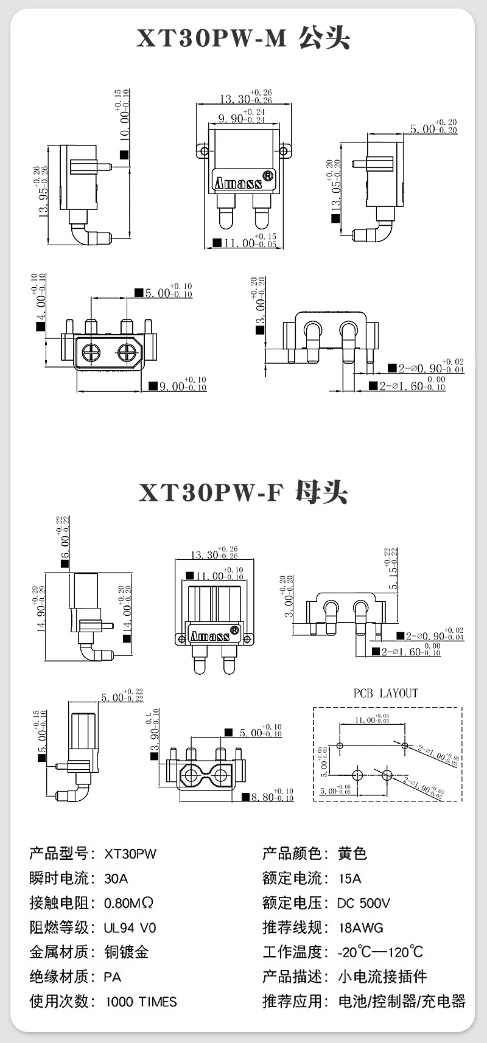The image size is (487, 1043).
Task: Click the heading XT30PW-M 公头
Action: pos(243,38)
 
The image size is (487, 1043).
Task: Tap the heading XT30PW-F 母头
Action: pos(243,492)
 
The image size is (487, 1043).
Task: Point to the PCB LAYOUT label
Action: pos(386,693)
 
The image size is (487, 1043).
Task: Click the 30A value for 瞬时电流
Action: pos(116,878)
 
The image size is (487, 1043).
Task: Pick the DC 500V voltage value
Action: pos(364,903)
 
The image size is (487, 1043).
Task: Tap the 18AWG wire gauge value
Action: pos(361,927)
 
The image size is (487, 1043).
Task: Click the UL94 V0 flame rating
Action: pos(130,927)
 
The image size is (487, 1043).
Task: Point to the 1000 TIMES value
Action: pos(141,1002)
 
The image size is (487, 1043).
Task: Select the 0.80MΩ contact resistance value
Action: pos(128,903)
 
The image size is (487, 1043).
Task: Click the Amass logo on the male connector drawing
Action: pos(237,183)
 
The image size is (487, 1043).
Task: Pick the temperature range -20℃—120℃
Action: pos(380,952)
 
